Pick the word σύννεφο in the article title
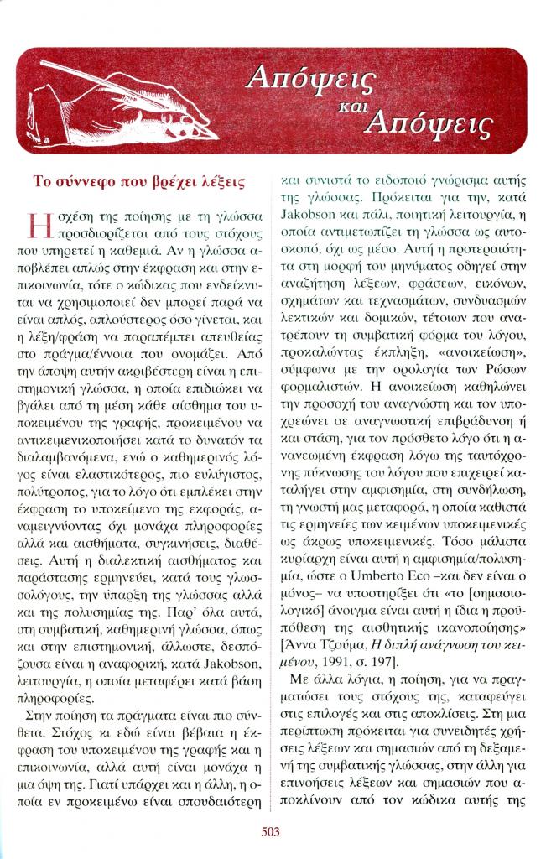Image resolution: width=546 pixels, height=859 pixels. point(96,180)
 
